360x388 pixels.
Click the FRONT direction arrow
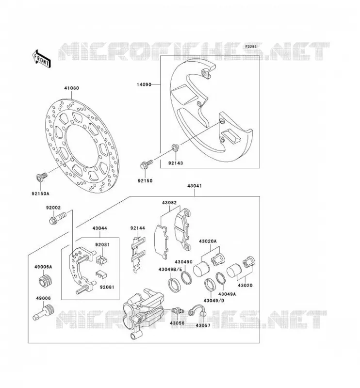[42, 59]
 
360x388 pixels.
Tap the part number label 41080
[71, 88]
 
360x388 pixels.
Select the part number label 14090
[144, 84]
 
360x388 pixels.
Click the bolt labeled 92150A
[41, 178]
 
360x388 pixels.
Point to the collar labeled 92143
[175, 148]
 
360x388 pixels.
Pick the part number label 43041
[195, 186]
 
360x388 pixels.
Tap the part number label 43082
[169, 203]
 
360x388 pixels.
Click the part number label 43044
[100, 228]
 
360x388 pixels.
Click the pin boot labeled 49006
[44, 312]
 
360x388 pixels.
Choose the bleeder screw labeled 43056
[178, 310]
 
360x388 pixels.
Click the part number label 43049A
[227, 294]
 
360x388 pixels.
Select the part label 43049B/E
[170, 269]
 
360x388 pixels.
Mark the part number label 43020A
[208, 241]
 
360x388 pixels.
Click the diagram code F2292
[251, 47]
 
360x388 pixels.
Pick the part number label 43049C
[184, 262]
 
